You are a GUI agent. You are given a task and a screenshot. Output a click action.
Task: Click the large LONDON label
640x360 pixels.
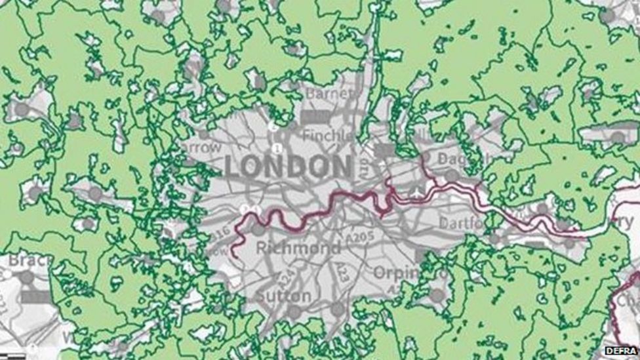coord(289,167)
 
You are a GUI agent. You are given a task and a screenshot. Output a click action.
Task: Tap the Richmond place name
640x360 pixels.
coord(298,248)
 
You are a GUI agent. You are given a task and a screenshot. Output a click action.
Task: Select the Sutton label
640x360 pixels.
coord(283,296)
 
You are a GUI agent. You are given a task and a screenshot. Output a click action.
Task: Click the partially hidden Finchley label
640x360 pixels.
coord(328,136)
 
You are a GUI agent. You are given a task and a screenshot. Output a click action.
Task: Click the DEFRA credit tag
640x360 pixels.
coord(620,351)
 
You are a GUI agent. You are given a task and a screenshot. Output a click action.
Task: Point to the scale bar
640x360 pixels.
coord(13,356)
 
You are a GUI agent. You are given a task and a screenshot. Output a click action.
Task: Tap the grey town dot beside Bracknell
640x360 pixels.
coord(26,278)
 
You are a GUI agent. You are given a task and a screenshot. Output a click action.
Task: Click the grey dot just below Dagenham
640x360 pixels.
coord(452,175)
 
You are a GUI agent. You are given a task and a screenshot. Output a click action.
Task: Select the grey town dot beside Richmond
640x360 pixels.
coord(258,230)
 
